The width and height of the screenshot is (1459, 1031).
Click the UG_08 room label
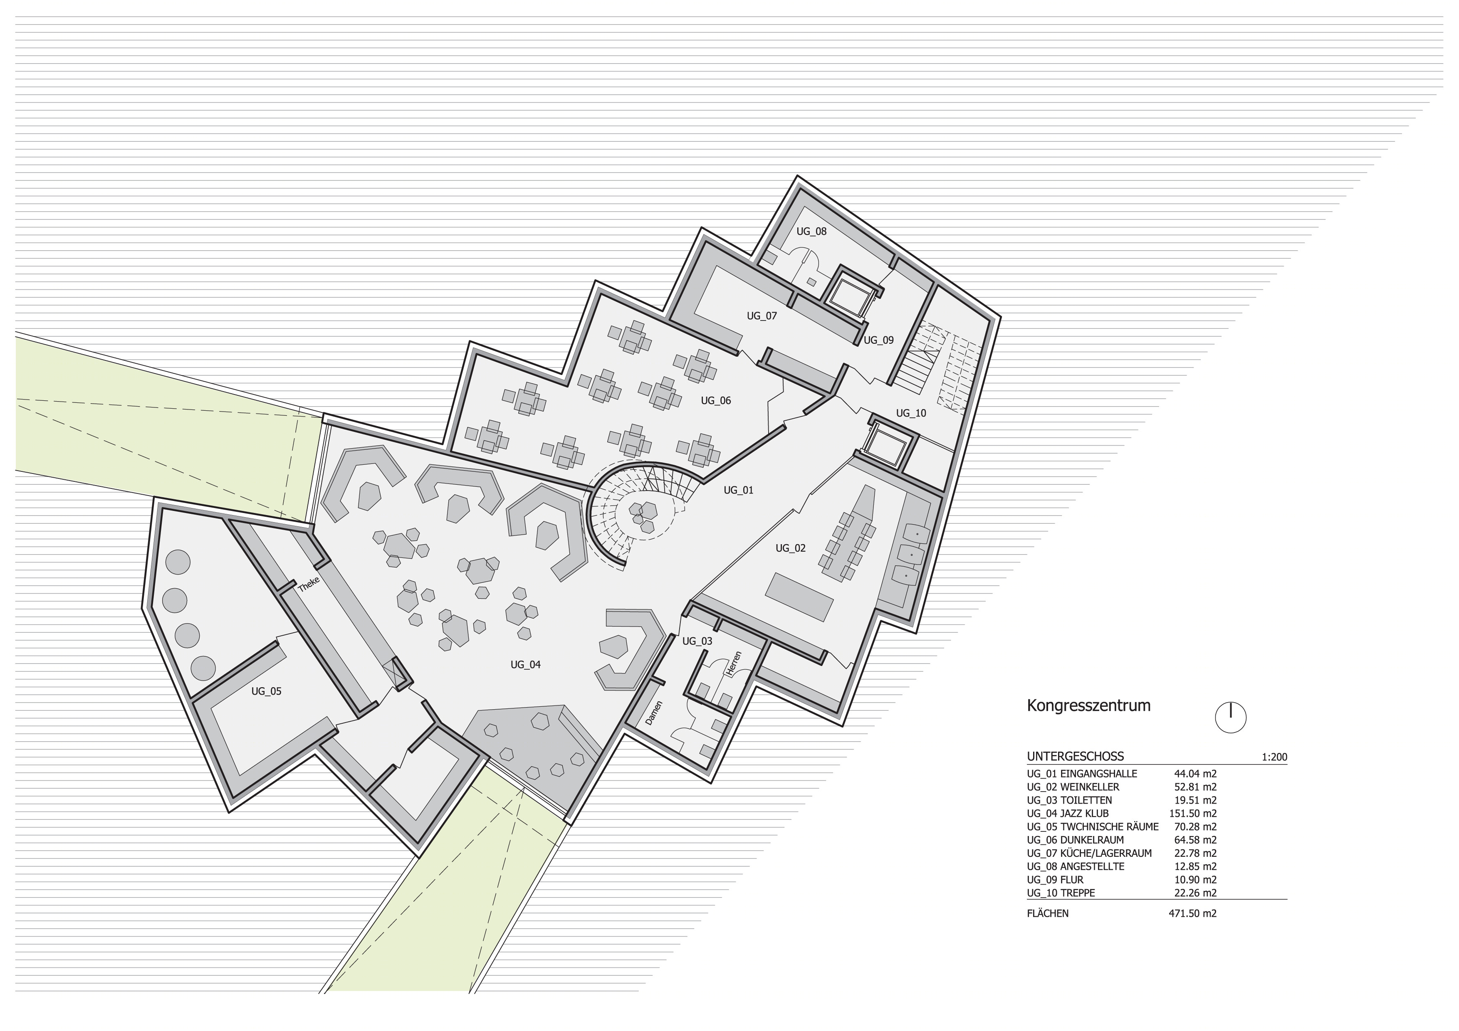click(811, 231)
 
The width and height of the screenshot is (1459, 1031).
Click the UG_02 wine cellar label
click(791, 548)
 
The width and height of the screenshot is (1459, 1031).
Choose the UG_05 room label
click(266, 691)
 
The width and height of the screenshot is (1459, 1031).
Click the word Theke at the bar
click(309, 585)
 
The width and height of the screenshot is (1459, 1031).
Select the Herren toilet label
click(734, 663)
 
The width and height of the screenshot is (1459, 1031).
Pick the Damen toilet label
click(654, 713)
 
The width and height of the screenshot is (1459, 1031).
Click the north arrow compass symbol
click(1230, 718)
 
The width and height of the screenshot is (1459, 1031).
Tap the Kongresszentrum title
click(1088, 706)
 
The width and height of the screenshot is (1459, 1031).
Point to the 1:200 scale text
click(1274, 757)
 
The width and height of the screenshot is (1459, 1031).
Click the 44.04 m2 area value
click(1195, 774)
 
